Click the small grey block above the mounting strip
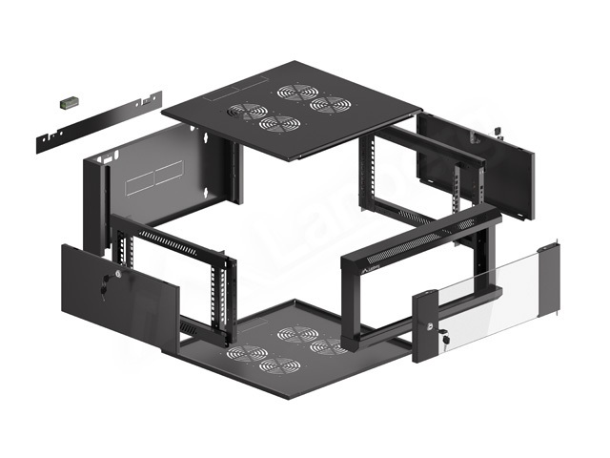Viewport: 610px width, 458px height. (68, 99)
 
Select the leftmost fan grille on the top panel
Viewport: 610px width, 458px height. (247, 112)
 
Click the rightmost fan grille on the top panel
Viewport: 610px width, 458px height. (327, 102)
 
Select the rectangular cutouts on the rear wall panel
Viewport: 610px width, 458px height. (154, 177)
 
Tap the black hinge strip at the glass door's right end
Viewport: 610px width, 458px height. (549, 281)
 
